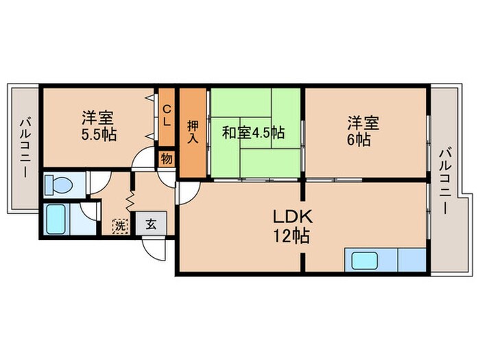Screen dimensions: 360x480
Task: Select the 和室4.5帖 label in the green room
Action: tap(253, 132)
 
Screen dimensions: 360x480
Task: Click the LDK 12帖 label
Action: tap(293, 226)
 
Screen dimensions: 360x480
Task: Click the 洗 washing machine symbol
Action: tap(120, 224)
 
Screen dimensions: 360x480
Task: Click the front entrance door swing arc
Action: tap(154, 250)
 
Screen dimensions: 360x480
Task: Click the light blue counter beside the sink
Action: tap(411, 261)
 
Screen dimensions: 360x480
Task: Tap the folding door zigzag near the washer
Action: tap(128, 199)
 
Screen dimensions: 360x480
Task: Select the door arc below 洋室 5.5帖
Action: tap(143, 162)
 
